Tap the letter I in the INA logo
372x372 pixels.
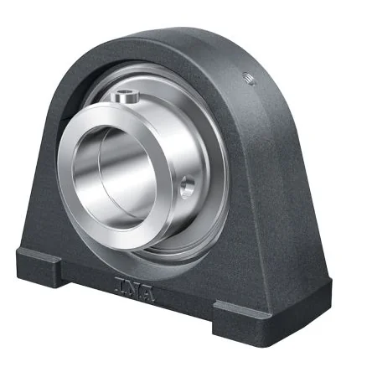point(119,283)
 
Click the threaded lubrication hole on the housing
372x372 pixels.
point(249,79)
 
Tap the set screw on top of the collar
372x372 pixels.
point(125,96)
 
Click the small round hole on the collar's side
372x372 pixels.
point(187,186)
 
